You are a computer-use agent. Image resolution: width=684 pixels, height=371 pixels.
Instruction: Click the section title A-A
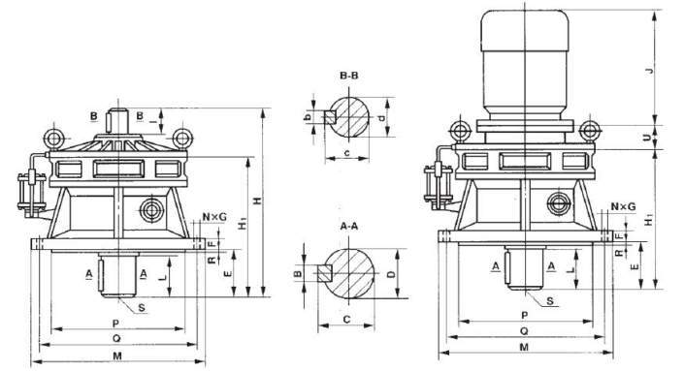[350, 225]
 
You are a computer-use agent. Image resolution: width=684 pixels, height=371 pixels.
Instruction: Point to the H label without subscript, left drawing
[257, 201]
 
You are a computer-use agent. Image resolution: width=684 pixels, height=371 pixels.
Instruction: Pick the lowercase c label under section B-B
[347, 153]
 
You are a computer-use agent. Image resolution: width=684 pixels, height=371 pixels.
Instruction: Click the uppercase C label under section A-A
[345, 318]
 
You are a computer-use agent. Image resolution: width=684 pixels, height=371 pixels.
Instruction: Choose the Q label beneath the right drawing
[524, 330]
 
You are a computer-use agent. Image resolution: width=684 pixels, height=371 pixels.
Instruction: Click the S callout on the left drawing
[143, 307]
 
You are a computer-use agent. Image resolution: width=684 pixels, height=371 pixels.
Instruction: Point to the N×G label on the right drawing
[624, 207]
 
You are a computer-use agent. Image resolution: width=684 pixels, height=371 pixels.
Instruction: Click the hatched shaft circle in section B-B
[351, 117]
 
